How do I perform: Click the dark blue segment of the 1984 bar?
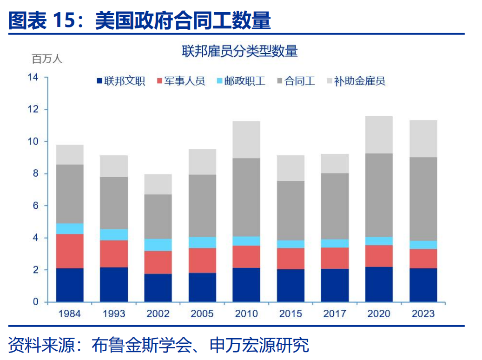(x=70, y=285)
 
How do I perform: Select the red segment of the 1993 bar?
(x=114, y=253)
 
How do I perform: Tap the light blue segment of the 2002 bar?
(x=158, y=245)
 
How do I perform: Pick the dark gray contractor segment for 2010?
(x=246, y=197)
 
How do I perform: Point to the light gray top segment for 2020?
(x=379, y=134)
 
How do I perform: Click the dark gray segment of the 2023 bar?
(x=423, y=199)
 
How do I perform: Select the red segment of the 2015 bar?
(x=291, y=259)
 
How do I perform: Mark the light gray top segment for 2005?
(x=202, y=161)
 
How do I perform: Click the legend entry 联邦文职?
(x=121, y=81)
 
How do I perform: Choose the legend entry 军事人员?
(x=182, y=81)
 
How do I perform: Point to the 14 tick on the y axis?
(x=33, y=77)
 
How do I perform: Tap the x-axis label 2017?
(x=335, y=314)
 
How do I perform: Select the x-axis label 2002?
(x=158, y=314)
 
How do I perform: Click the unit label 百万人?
(x=46, y=59)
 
